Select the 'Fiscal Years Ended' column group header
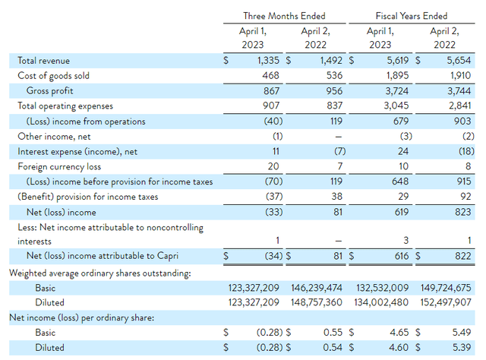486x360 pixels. click(x=411, y=15)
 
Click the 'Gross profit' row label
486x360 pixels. click(x=52, y=91)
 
